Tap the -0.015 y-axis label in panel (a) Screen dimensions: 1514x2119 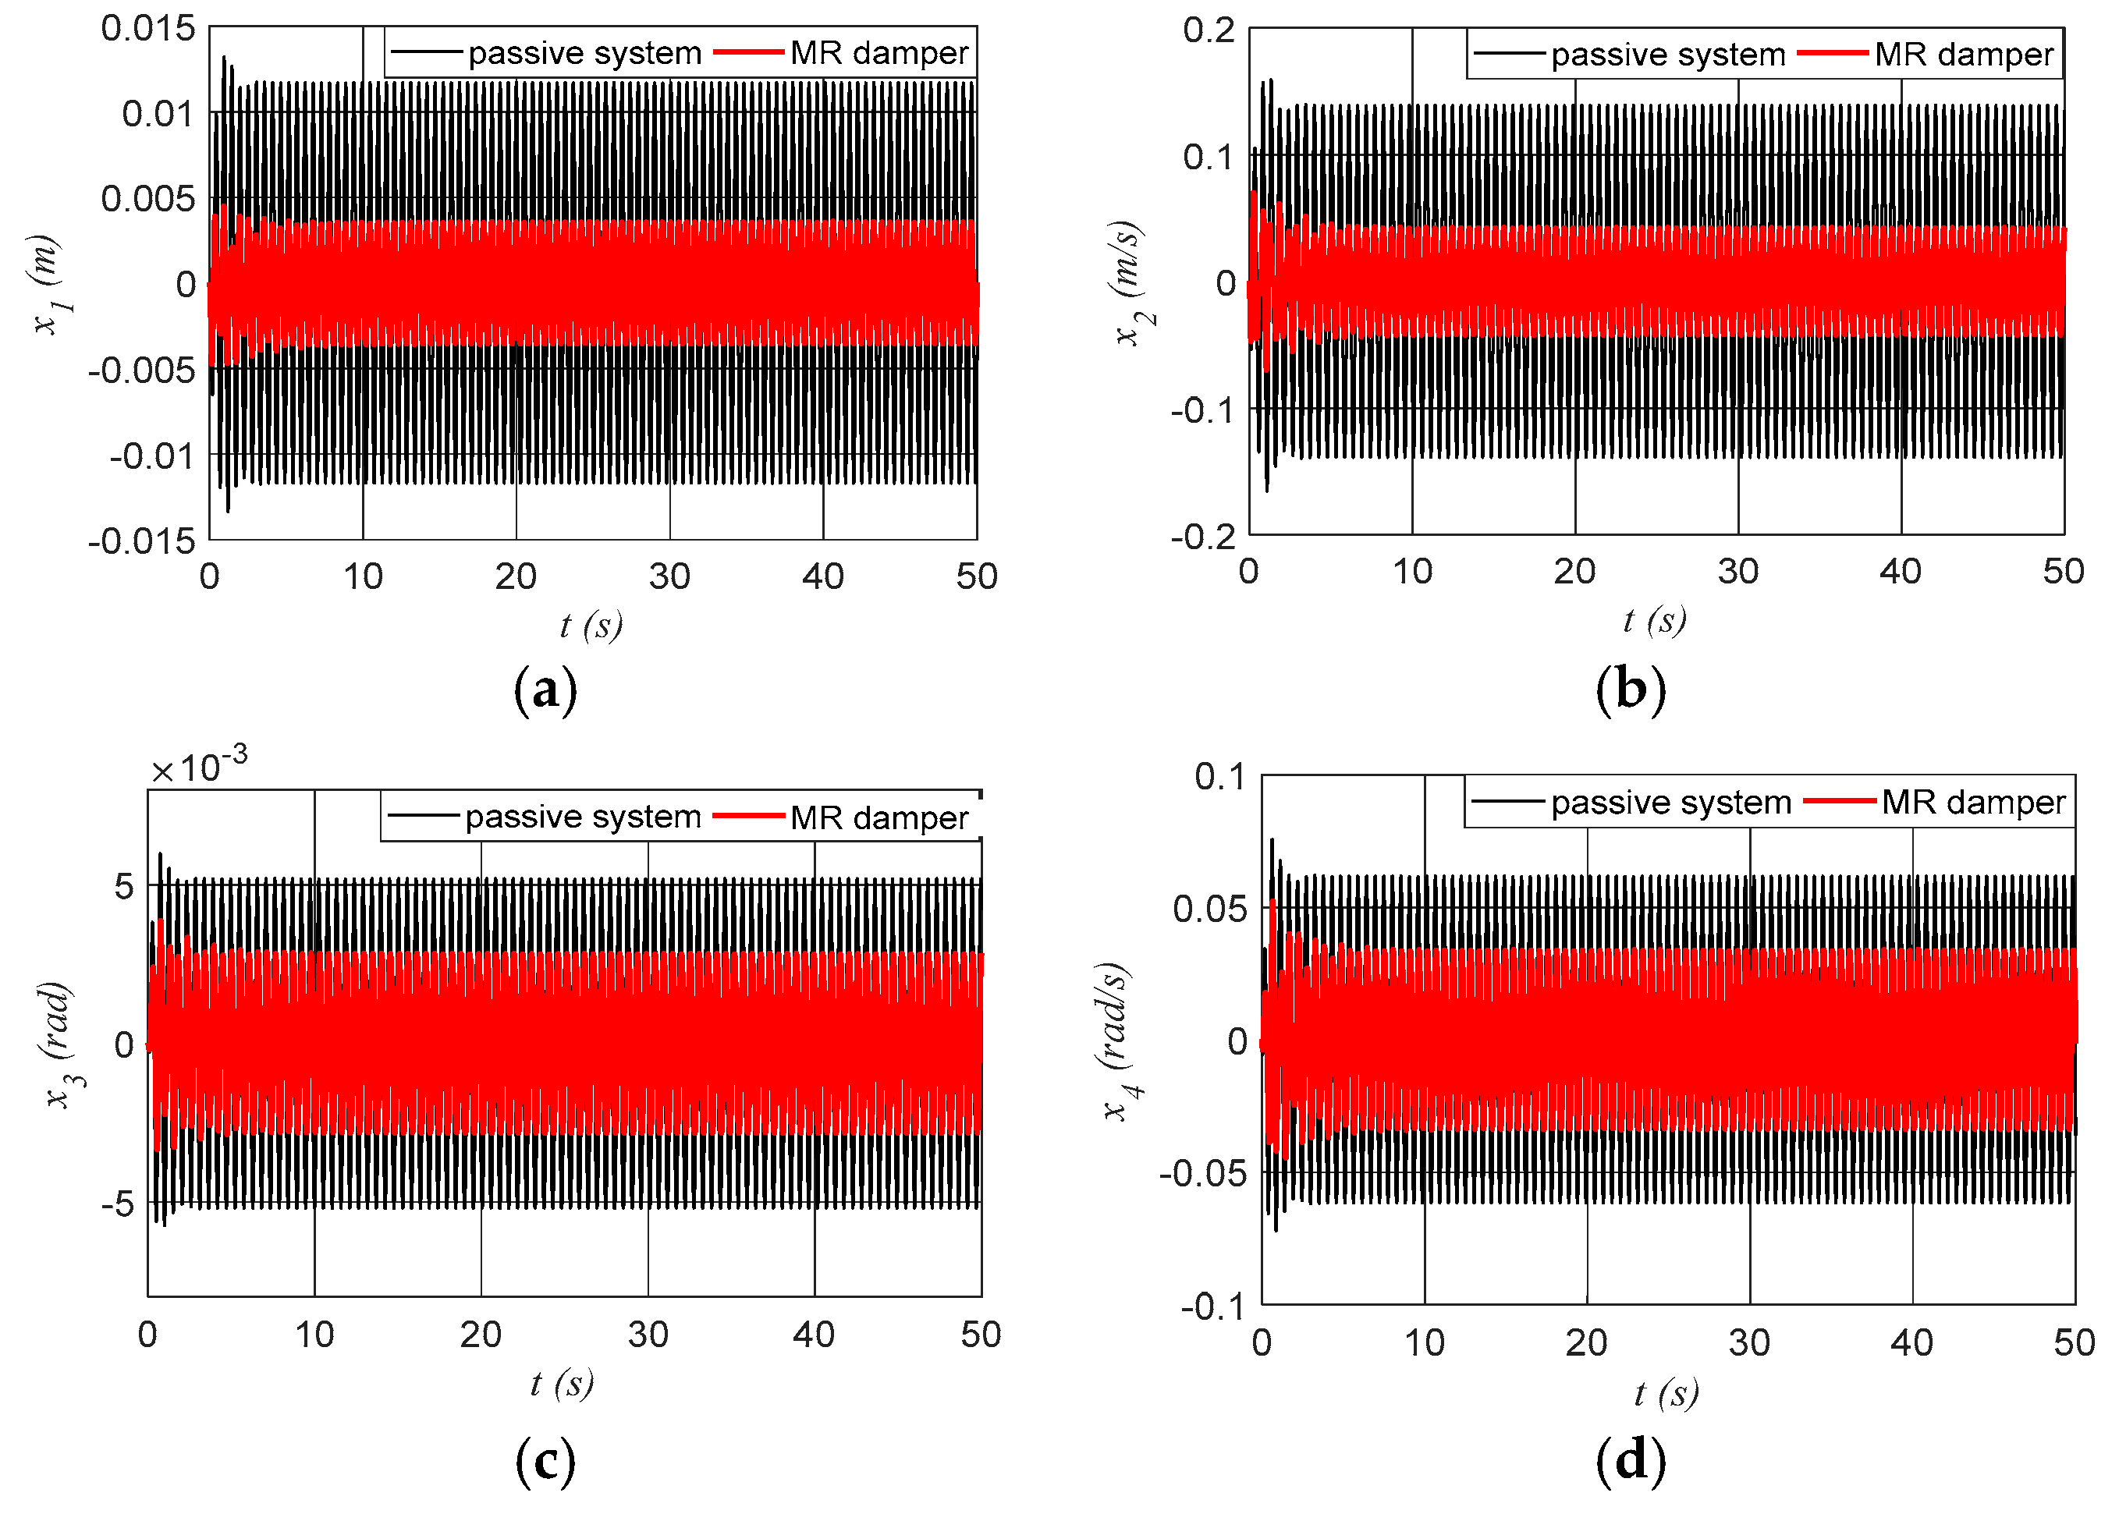coord(142,541)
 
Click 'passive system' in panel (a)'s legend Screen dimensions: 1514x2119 coord(584,53)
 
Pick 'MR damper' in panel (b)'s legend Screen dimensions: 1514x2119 coord(1962,54)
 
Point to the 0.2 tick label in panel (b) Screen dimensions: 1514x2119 coord(1209,30)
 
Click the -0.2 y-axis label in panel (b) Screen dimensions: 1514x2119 coord(1202,537)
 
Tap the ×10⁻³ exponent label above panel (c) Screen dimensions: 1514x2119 coord(200,768)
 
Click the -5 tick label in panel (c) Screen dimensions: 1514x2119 coord(118,1204)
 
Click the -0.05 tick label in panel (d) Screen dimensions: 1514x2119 coord(1201,1174)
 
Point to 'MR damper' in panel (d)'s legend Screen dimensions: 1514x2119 coord(1972,803)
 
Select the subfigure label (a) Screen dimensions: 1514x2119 coord(545,691)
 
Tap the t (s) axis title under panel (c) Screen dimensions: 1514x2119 coord(563,1385)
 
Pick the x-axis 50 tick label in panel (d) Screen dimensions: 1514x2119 coord(2073,1343)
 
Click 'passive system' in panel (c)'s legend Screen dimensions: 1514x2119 coord(583,817)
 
